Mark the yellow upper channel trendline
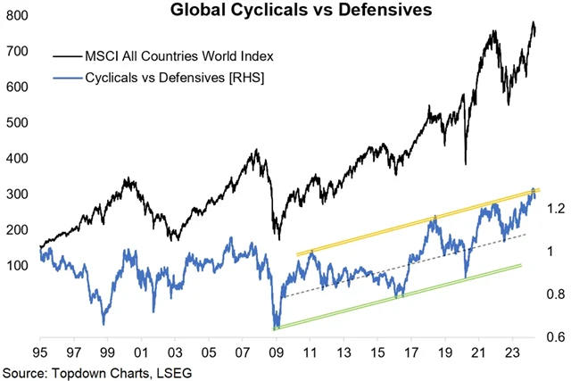click(x=419, y=222)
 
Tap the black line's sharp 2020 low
click(x=466, y=163)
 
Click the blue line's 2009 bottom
click(x=276, y=327)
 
